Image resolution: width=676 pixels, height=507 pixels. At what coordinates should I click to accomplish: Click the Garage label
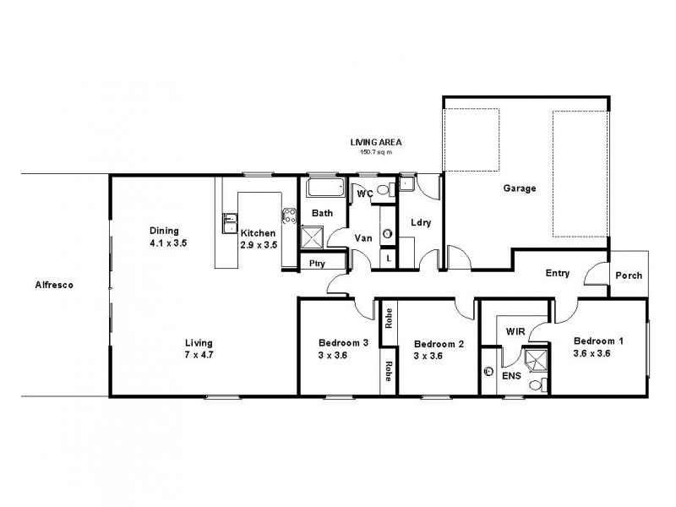pos(520,188)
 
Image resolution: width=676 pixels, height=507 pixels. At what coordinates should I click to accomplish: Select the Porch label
pos(628,275)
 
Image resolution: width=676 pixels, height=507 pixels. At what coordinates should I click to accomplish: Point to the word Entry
pos(558,273)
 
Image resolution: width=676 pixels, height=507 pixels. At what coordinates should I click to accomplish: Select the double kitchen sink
pos(229,222)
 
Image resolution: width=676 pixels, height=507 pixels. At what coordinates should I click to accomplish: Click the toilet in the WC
pos(384,190)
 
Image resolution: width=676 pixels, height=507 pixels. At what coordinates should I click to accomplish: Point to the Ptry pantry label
pos(317,264)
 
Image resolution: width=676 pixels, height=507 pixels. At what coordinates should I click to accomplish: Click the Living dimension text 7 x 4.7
pos(199,355)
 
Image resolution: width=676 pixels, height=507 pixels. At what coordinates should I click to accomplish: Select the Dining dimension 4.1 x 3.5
pos(167,243)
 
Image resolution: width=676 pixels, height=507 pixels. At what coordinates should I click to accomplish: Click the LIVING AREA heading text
pos(376,143)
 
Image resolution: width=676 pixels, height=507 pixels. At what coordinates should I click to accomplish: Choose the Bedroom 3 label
pos(343,343)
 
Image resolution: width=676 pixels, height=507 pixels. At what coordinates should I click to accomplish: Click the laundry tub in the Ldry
pos(406,185)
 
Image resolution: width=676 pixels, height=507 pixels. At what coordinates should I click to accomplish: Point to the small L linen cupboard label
pos(388,259)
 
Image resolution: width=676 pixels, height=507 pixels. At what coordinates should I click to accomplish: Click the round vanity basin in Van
pos(388,232)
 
